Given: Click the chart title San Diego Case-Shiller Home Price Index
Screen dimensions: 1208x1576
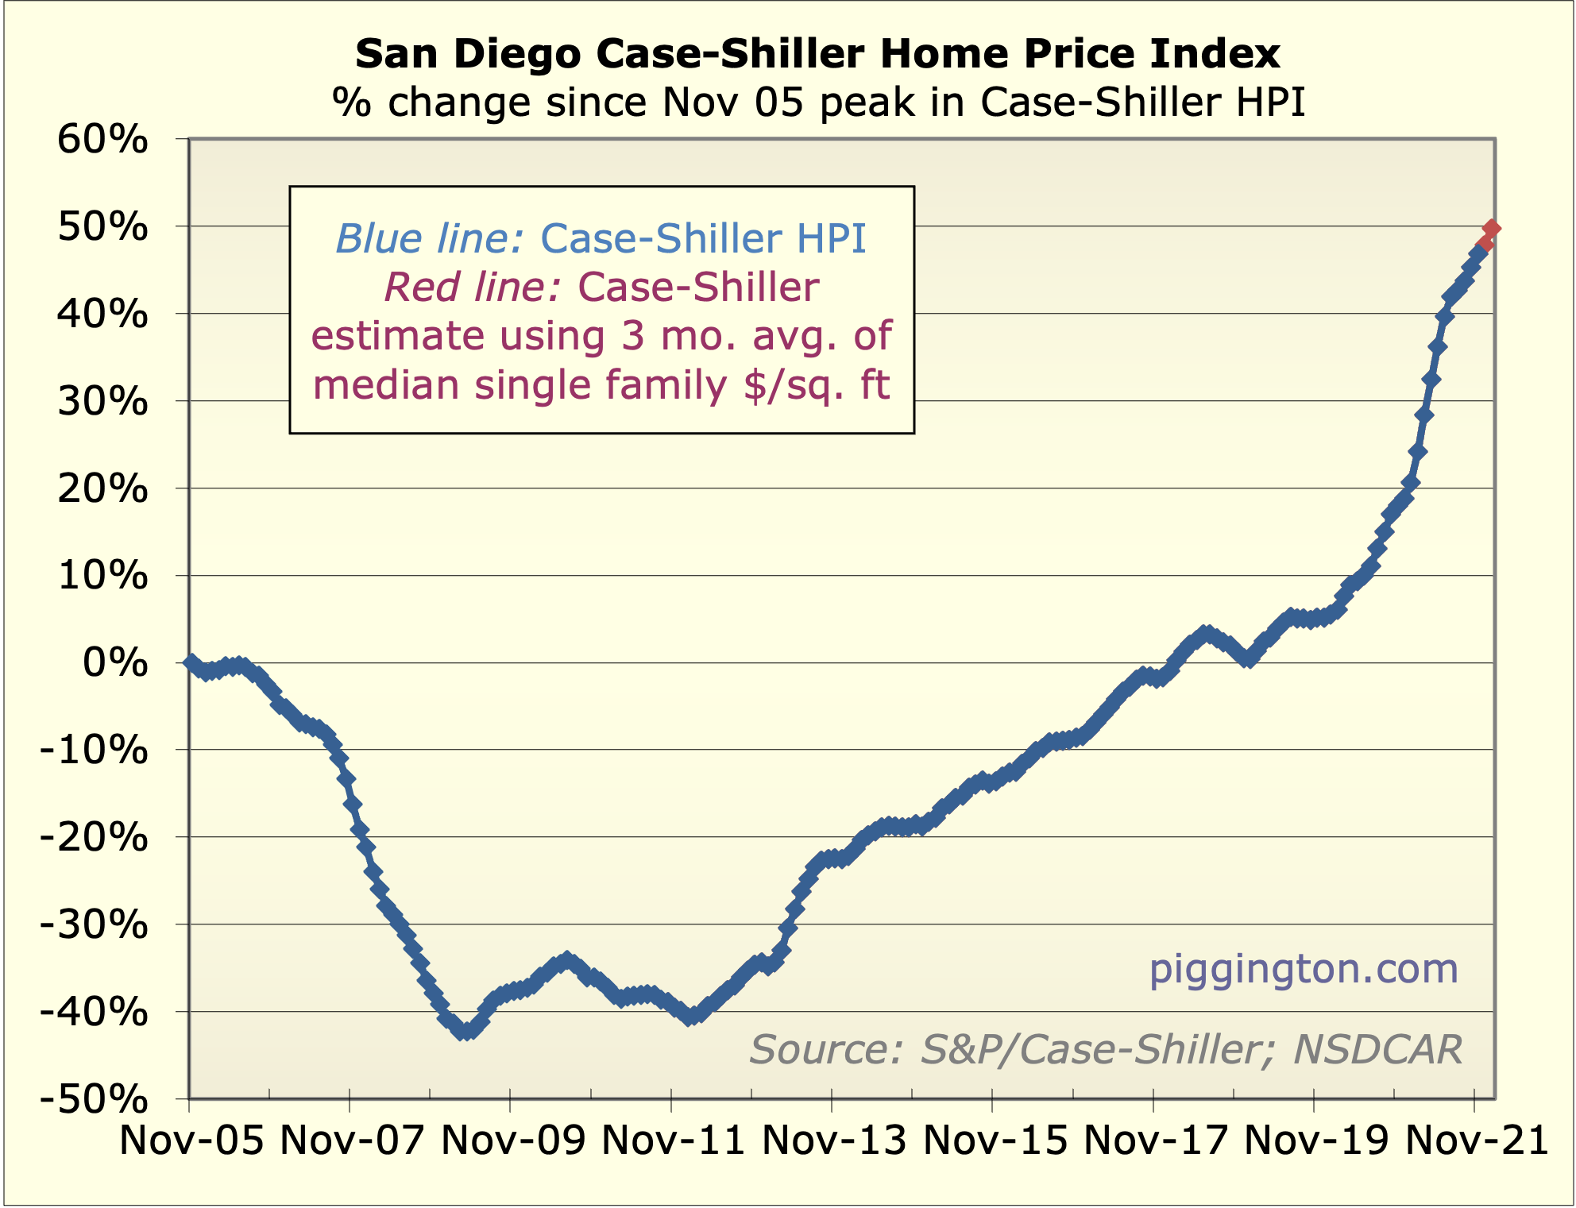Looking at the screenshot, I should (x=817, y=54).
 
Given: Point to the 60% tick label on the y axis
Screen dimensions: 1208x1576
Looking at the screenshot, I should (x=102, y=140).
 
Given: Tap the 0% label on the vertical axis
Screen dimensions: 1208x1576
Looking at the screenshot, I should (x=115, y=662).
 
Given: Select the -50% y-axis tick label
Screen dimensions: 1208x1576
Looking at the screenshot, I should (x=95, y=1100).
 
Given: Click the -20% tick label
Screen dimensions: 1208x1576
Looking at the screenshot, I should (x=95, y=838).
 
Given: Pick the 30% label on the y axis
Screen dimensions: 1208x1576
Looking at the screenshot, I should (x=102, y=402).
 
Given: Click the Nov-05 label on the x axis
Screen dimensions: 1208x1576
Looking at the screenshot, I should (x=191, y=1141).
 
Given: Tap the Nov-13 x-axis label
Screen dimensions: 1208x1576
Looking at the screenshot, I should (x=834, y=1141).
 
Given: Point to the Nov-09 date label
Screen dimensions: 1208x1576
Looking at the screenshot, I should (x=513, y=1141).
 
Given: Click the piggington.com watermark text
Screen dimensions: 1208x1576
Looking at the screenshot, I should (x=1304, y=969).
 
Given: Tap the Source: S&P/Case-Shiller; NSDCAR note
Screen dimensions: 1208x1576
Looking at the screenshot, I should (x=1106, y=1049).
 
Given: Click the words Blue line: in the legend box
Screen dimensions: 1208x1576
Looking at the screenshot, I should (x=429, y=238).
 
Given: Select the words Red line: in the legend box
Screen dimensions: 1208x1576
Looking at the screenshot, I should (x=473, y=288).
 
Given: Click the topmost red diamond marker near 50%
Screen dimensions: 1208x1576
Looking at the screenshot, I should (x=1491, y=229).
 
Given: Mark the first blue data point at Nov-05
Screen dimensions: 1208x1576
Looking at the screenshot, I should (x=190, y=662).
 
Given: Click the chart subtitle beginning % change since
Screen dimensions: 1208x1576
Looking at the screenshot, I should (x=819, y=102).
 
